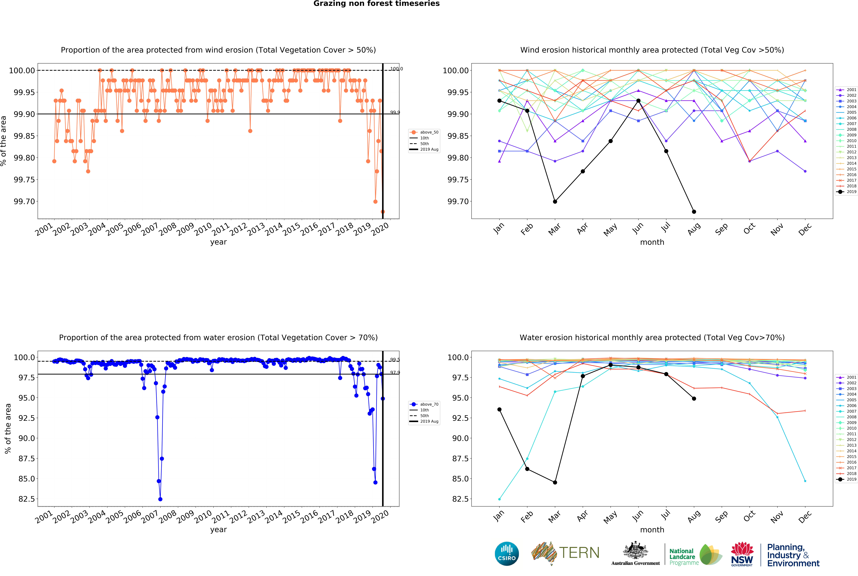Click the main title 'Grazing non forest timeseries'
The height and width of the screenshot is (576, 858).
coord(376,4)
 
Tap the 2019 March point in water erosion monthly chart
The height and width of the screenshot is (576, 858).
coord(555,482)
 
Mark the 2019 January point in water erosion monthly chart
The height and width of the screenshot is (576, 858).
coord(499,409)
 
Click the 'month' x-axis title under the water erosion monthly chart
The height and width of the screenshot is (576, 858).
coord(652,530)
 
